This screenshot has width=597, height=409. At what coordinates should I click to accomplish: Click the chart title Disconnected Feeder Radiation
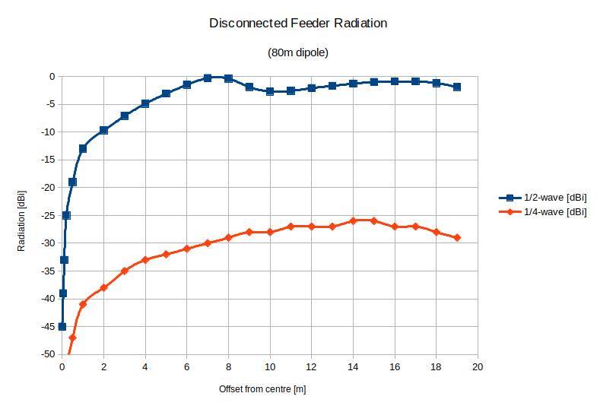[298, 24]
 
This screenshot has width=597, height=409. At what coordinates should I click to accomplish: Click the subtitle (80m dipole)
[297, 52]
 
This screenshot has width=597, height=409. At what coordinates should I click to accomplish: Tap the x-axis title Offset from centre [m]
[262, 388]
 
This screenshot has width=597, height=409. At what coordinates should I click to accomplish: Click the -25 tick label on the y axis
[46, 215]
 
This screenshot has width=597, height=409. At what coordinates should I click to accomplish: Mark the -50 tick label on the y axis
[46, 354]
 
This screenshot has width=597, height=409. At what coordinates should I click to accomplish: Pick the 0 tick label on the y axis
[51, 76]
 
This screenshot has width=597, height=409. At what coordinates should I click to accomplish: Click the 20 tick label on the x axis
[478, 366]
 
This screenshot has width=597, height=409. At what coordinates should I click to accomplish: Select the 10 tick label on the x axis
[270, 366]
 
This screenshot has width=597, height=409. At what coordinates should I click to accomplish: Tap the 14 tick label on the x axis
[353, 366]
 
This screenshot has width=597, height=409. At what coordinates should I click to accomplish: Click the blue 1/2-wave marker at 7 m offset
[208, 78]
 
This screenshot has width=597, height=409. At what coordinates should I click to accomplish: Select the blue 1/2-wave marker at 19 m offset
[456, 87]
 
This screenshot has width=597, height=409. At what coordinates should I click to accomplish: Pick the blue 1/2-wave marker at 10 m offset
[270, 91]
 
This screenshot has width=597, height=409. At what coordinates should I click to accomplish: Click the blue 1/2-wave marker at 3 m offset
[125, 116]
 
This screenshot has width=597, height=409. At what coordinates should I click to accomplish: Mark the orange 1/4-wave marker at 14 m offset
[353, 220]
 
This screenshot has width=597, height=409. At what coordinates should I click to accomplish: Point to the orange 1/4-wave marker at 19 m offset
[456, 237]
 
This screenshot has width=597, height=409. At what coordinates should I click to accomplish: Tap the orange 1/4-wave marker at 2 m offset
[103, 287]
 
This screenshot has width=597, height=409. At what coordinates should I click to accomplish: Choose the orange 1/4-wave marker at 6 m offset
[186, 249]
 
